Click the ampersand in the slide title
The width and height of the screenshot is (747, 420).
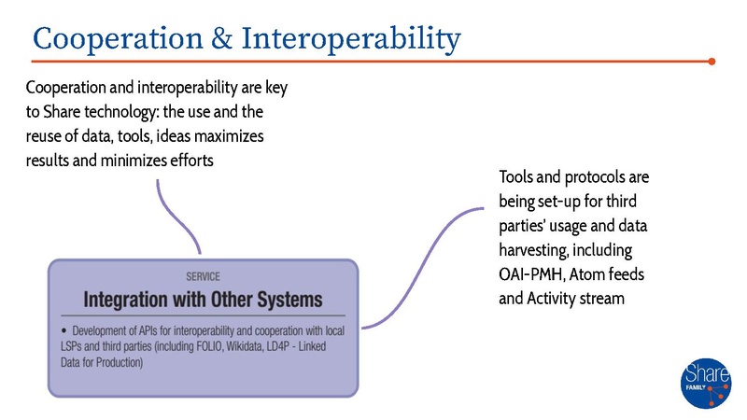[225, 39]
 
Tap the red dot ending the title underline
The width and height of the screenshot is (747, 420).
[712, 63]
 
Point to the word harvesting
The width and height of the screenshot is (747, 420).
[539, 251]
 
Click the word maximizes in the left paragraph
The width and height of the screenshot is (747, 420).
[231, 137]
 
